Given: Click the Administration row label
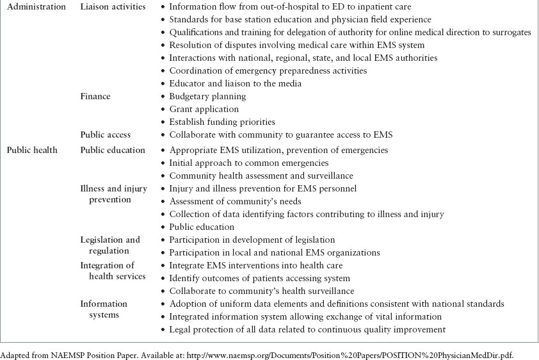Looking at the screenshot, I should [x=36, y=7].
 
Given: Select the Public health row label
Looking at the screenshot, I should [x=32, y=150].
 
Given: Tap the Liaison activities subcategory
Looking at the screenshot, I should [x=113, y=7].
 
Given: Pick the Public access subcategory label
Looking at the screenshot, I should [x=105, y=135].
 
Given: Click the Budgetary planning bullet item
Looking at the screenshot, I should [x=207, y=96].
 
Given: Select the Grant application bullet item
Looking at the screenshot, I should [x=204, y=109].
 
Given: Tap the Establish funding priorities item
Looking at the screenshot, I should [x=221, y=122].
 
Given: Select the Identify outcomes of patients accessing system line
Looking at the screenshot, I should [x=259, y=278].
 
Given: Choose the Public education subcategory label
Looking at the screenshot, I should [x=112, y=150].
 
